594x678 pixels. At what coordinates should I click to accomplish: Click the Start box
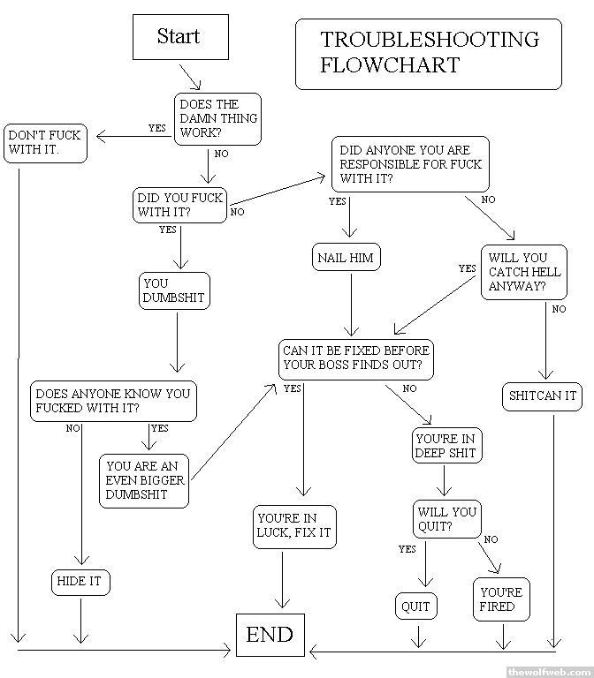point(179,37)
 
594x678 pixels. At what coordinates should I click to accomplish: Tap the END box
point(270,635)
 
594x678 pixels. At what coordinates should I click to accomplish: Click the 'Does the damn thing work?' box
point(218,118)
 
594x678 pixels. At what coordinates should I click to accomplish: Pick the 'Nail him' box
point(345,258)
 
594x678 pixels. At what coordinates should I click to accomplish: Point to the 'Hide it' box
point(80,582)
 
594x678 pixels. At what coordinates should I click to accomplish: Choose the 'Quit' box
point(415,606)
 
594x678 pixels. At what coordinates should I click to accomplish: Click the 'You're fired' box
point(501,599)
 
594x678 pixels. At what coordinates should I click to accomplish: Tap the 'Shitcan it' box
point(543,395)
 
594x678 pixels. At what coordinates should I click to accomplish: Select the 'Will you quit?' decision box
point(446,519)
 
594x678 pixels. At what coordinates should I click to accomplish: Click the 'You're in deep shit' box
point(445,445)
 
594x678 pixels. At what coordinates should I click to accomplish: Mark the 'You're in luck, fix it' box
point(293,526)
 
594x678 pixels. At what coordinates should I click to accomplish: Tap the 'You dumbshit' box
point(175,290)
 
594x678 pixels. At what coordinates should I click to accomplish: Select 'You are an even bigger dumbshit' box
point(145,480)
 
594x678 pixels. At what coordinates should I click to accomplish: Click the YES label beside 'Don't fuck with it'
point(156,128)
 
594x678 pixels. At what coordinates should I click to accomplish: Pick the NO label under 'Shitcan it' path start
point(559,309)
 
